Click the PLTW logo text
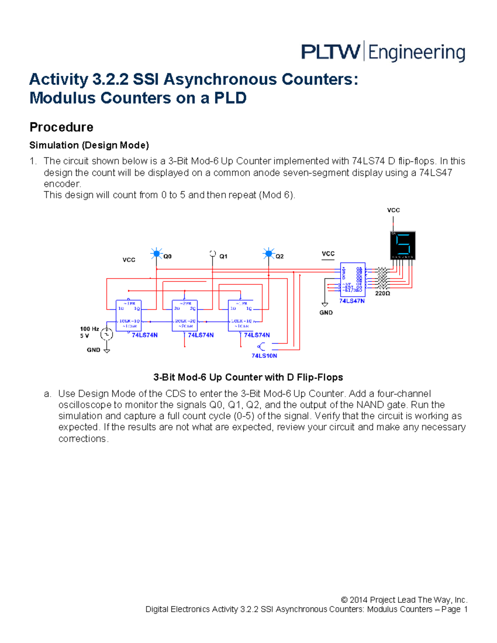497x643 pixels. point(330,52)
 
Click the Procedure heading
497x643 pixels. point(61,127)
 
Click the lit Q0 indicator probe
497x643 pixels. point(157,253)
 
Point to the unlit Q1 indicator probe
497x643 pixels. point(212,253)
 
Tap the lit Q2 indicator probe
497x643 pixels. point(269,253)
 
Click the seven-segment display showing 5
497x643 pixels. point(403,245)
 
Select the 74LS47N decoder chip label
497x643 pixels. point(352,301)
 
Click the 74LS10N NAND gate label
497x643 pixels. point(264,356)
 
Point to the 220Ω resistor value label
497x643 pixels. point(382,293)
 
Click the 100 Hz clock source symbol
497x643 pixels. point(107,334)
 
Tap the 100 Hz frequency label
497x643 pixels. point(89,329)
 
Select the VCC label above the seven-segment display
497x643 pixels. point(393,210)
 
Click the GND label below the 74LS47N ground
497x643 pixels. point(326,313)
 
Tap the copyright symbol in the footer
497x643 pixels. point(344,600)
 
